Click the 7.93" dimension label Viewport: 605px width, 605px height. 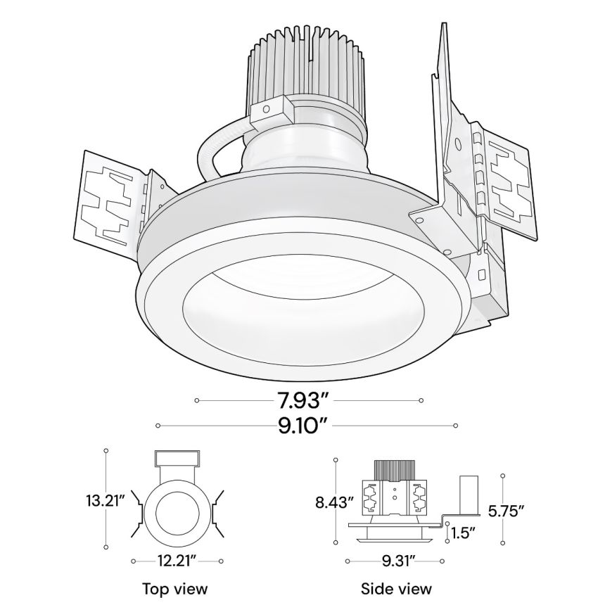pyautogui.click(x=302, y=401)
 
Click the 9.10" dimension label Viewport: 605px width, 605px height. pyautogui.click(x=302, y=426)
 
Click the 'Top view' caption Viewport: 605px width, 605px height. pyautogui.click(x=175, y=588)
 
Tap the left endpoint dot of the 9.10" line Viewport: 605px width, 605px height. pyautogui.click(x=158, y=426)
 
